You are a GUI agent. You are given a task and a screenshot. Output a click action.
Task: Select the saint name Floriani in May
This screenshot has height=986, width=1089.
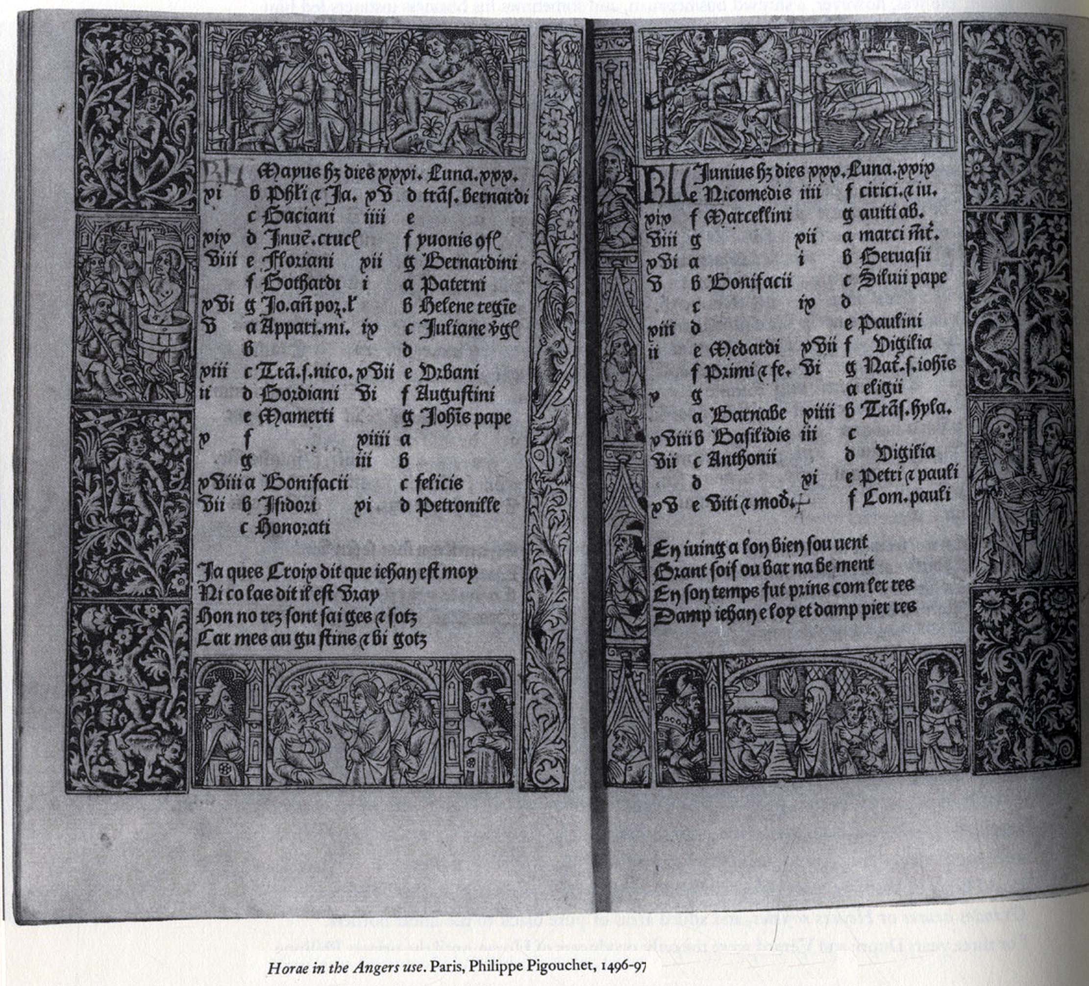[x=297, y=262]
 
